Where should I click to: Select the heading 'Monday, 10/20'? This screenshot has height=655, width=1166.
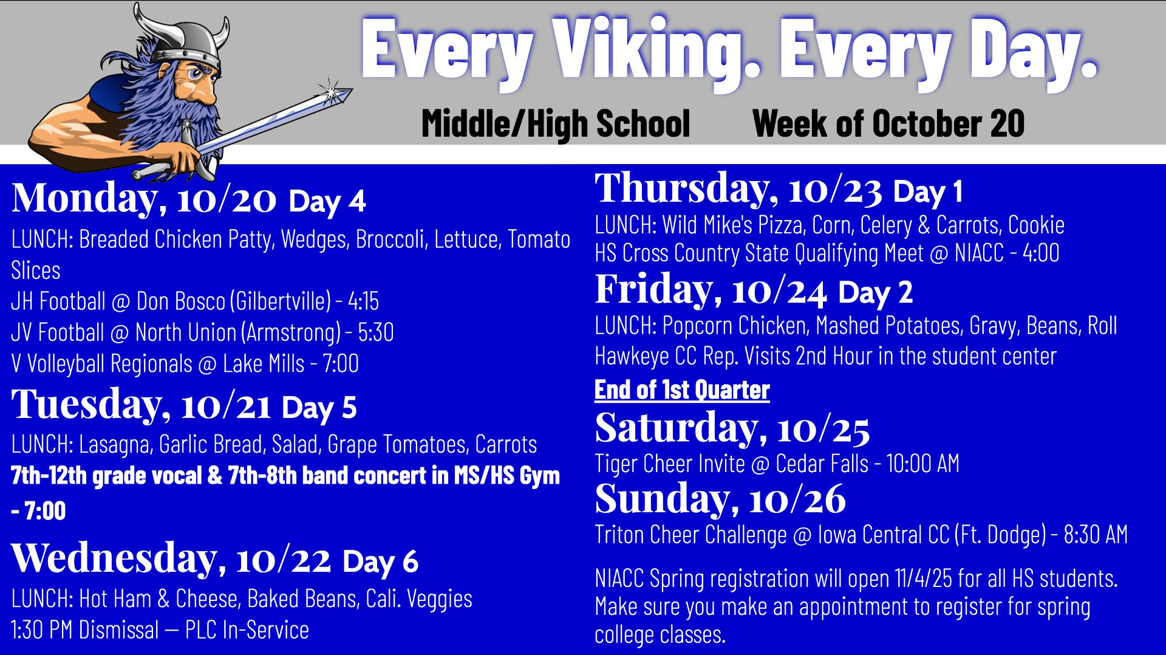[x=144, y=198]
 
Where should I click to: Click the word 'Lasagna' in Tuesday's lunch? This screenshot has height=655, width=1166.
[x=115, y=445]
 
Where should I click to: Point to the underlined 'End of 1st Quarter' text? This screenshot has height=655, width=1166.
[x=682, y=390]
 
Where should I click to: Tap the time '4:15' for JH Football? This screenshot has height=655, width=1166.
[x=363, y=301]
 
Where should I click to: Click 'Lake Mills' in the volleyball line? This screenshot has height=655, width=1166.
[x=264, y=364]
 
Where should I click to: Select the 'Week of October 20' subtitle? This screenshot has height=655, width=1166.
[x=888, y=124]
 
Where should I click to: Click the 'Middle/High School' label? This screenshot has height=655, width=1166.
[x=556, y=124]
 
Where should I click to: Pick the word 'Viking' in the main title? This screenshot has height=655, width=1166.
[x=656, y=52]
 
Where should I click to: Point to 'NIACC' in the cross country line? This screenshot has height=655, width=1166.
[x=979, y=253]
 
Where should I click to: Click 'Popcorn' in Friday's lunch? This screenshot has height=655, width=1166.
[x=697, y=326]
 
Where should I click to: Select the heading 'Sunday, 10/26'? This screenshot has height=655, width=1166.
[x=720, y=499]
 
